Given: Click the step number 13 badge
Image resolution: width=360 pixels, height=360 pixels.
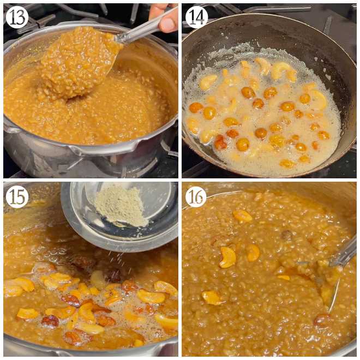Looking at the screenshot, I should (x=17, y=17).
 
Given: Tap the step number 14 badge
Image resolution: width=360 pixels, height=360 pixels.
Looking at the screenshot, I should (x=196, y=17).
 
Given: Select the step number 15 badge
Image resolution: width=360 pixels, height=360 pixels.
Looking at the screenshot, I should (x=17, y=196).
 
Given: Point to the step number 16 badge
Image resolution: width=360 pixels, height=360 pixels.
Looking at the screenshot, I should (x=196, y=196).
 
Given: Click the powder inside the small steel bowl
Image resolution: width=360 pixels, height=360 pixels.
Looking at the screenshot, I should (x=120, y=207).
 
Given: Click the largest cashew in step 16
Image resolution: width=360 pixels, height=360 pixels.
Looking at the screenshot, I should (x=227, y=257).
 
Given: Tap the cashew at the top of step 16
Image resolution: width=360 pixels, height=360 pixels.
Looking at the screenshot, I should (x=242, y=216).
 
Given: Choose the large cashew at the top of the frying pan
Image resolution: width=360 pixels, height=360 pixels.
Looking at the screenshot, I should (x=281, y=69).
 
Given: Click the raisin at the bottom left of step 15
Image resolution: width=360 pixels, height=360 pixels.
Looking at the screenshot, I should (x=50, y=321).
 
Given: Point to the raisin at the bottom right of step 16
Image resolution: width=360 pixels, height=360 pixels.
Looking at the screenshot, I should (x=322, y=319).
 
